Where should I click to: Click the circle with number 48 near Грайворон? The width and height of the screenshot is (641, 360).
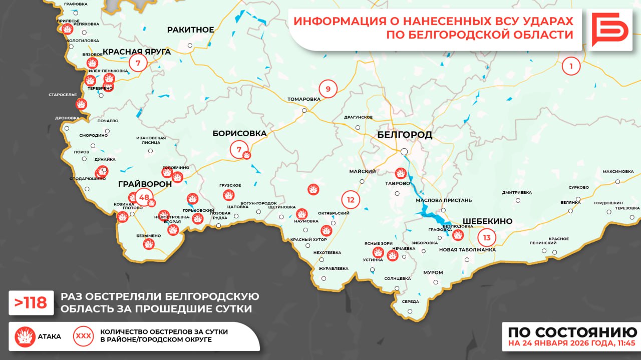tap(144, 197)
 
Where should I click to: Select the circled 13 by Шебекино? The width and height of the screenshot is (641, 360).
tap(487, 237)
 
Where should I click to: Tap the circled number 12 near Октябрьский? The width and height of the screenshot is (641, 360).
tap(351, 200)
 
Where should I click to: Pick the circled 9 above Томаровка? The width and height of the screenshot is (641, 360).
tap(328, 89)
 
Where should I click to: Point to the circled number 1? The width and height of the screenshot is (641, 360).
tap(571, 66)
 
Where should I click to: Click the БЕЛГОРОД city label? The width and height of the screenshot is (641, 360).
tap(405, 135)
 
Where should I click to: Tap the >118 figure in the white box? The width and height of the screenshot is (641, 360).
tap(31, 302)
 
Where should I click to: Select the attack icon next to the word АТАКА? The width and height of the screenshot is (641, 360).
tap(25, 336)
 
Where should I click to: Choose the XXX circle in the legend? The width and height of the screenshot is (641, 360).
tap(83, 336)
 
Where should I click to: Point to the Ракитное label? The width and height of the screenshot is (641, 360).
tap(190, 30)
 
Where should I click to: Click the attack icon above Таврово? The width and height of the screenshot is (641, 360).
tap(401, 173)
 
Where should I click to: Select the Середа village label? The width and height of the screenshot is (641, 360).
tap(410, 301)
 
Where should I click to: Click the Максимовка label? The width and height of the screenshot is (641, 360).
tap(618, 171)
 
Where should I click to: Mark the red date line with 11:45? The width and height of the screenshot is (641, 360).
tap(571, 343)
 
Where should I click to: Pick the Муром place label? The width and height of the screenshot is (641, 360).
tap(433, 272)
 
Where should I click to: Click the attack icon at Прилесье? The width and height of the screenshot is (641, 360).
tap(67, 29)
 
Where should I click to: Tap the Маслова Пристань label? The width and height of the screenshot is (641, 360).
tap(444, 200)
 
